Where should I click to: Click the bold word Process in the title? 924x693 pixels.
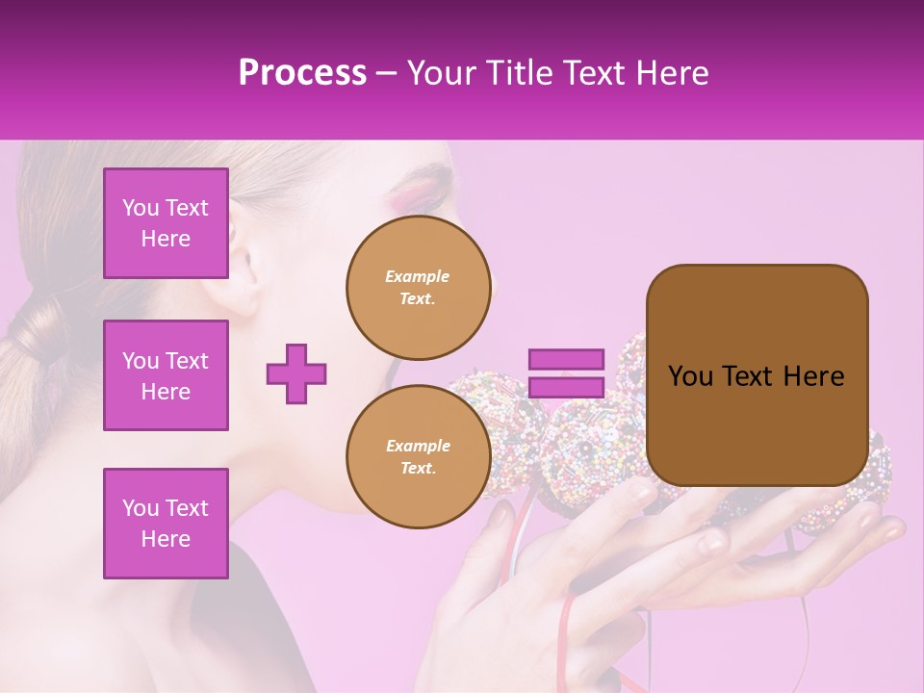(x=302, y=73)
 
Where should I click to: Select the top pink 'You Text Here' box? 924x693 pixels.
(x=166, y=223)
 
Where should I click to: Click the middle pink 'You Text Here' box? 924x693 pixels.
(x=166, y=375)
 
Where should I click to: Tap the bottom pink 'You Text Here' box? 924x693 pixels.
(x=166, y=524)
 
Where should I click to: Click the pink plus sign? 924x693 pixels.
(x=296, y=373)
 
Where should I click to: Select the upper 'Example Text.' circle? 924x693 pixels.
(x=417, y=287)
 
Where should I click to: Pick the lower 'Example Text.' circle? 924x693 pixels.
(x=418, y=456)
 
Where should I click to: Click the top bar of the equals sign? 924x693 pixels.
(x=566, y=359)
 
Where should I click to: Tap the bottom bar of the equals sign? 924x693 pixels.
(x=566, y=387)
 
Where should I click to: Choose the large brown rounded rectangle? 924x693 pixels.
(x=757, y=375)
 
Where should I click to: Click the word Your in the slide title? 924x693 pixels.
(x=438, y=73)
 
